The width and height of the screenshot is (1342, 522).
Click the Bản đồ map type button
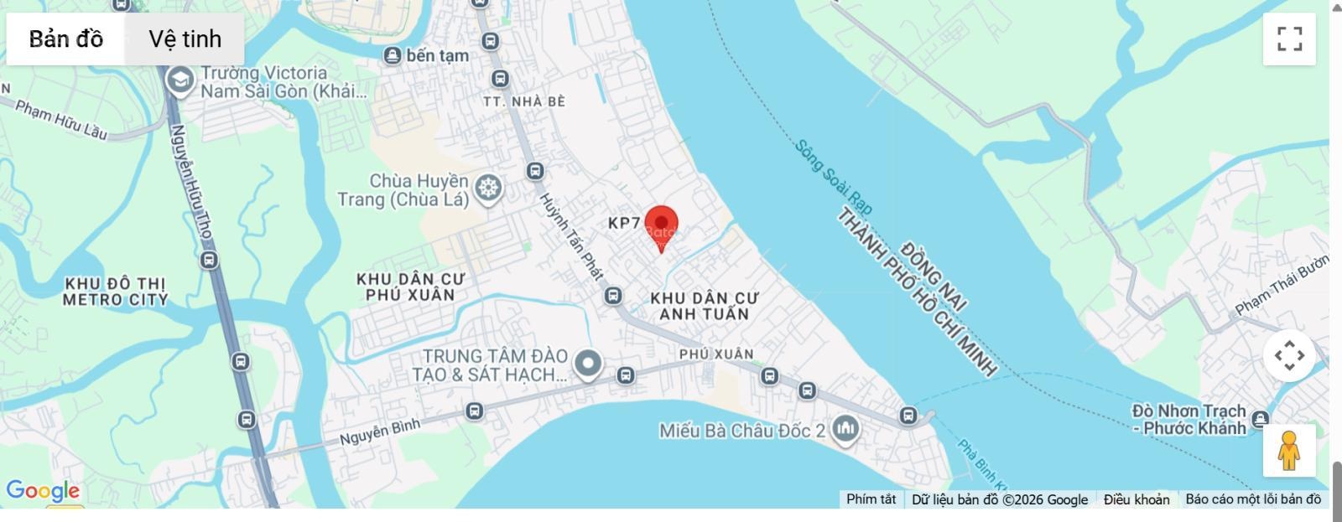[x=66, y=39]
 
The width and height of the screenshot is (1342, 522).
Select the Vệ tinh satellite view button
[x=185, y=39]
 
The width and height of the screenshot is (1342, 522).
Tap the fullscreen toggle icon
[x=1289, y=39]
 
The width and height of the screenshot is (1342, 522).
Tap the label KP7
[x=624, y=223]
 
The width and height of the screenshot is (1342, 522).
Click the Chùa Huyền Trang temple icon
[x=488, y=189]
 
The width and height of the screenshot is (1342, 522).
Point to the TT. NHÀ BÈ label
[x=524, y=101]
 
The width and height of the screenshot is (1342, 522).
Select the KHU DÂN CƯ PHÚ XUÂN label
[x=410, y=287]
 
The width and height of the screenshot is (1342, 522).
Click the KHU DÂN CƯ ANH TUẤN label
[x=704, y=306]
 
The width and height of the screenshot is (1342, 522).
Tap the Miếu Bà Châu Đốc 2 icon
[x=845, y=430]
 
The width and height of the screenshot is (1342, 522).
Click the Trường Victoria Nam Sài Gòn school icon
[x=179, y=81]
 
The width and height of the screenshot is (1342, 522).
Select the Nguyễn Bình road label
[x=379, y=432]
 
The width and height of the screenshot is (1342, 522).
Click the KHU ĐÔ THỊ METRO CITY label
[x=115, y=292]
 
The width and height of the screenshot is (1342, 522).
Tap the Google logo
[x=43, y=491]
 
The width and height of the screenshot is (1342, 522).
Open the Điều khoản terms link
[x=1136, y=499]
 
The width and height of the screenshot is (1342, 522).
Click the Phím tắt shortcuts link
[x=871, y=499]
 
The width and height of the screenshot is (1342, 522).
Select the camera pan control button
[x=1289, y=355]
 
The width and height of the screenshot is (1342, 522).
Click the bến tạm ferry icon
[x=392, y=56]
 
